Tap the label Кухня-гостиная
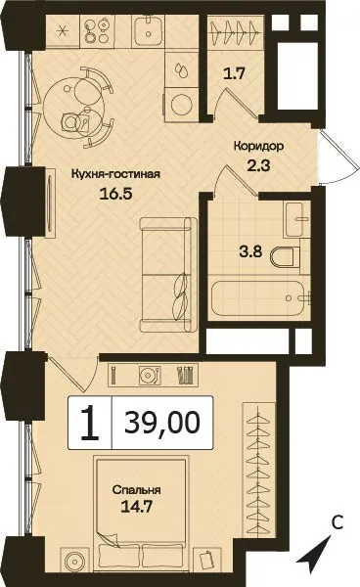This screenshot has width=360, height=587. point(115,174)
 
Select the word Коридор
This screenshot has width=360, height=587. point(258,146)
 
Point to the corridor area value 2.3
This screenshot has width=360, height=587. point(258,164)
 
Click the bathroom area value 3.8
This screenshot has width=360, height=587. point(250,251)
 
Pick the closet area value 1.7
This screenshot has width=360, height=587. point(234,73)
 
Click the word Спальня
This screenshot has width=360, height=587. point(136,490)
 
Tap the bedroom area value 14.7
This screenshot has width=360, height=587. point(136,507)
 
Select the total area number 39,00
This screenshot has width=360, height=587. point(162,422)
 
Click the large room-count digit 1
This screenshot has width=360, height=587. point(90,423)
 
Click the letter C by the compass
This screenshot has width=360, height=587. point(337,523)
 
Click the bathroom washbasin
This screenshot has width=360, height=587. point(296,219)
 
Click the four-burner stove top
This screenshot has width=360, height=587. point(97,31)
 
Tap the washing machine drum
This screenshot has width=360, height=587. point(181,105)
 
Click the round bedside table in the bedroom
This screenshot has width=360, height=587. point(75,561)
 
